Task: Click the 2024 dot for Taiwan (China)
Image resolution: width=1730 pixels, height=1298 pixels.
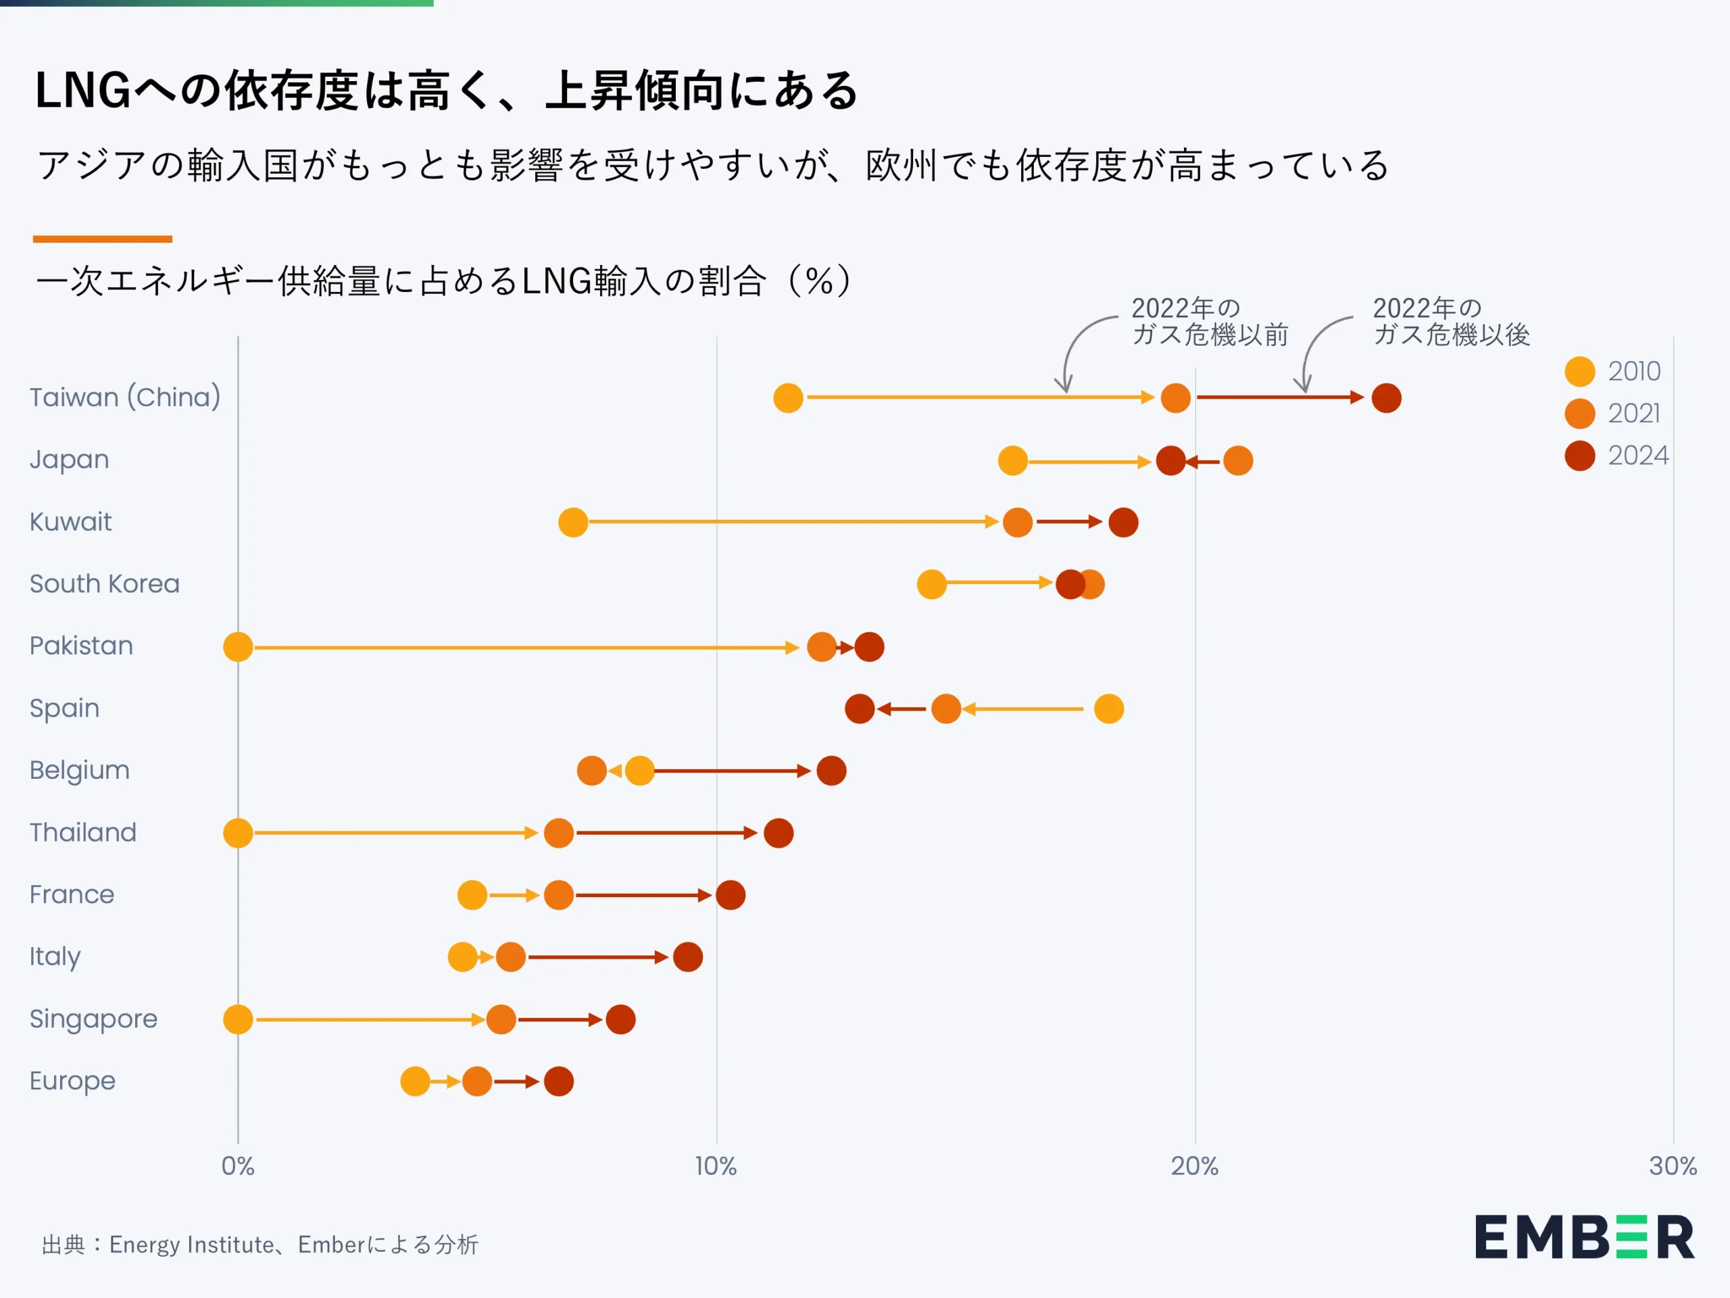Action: (1386, 398)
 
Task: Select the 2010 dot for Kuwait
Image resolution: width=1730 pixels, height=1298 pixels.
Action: (572, 522)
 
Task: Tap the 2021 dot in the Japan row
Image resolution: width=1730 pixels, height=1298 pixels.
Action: (1237, 460)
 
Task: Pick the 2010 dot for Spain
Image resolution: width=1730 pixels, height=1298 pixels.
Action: (1108, 709)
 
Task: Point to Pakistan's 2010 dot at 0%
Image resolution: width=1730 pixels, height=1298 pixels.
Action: (238, 647)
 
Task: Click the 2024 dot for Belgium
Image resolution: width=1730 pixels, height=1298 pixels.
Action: (831, 771)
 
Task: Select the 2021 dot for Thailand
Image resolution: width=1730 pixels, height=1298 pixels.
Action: (558, 834)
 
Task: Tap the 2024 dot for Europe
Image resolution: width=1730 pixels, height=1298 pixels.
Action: (558, 1081)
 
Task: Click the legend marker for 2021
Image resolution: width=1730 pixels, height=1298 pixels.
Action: (1579, 413)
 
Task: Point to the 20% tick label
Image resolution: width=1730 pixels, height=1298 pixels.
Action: (1194, 1165)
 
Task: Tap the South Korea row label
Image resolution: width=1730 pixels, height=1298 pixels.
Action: (104, 583)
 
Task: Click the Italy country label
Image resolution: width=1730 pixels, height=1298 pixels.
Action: (55, 956)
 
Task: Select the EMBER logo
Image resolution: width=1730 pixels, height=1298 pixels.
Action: (1584, 1237)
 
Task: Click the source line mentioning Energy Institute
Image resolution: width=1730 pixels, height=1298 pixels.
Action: (259, 1244)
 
